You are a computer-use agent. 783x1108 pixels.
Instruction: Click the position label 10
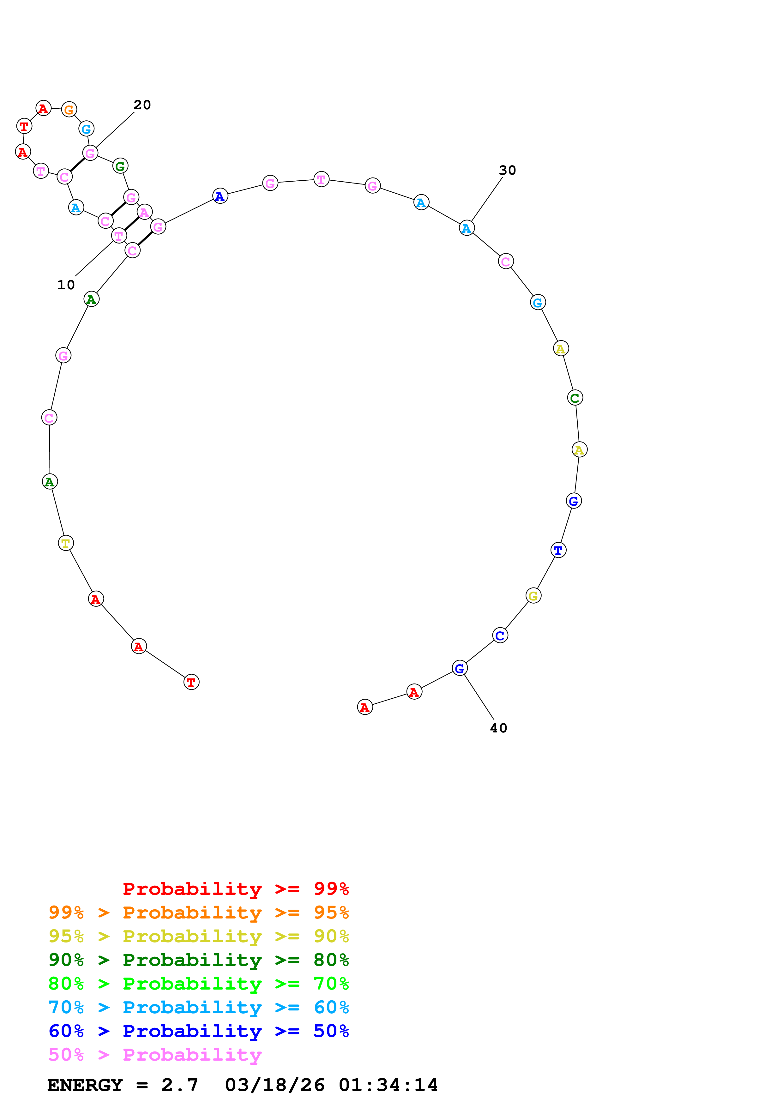point(66,285)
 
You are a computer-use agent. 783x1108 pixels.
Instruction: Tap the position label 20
point(142,105)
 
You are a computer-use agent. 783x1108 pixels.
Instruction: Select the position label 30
point(508,170)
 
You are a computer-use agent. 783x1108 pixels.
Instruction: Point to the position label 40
point(498,728)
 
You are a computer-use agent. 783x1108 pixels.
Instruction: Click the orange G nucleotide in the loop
point(69,110)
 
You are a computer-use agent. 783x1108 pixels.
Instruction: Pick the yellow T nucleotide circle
point(66,543)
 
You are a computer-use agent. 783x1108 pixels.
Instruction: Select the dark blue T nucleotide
point(558,550)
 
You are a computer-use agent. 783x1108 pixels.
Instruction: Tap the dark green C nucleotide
point(575,398)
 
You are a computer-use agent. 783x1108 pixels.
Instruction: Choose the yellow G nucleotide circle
point(533,596)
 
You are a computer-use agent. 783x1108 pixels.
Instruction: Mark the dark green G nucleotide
point(120,166)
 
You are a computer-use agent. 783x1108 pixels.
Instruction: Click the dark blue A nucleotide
point(220,196)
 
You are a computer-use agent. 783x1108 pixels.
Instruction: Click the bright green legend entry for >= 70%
point(199,984)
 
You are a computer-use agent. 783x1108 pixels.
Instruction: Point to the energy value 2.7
point(179,1085)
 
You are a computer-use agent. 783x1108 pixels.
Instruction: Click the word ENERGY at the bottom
point(85,1085)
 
